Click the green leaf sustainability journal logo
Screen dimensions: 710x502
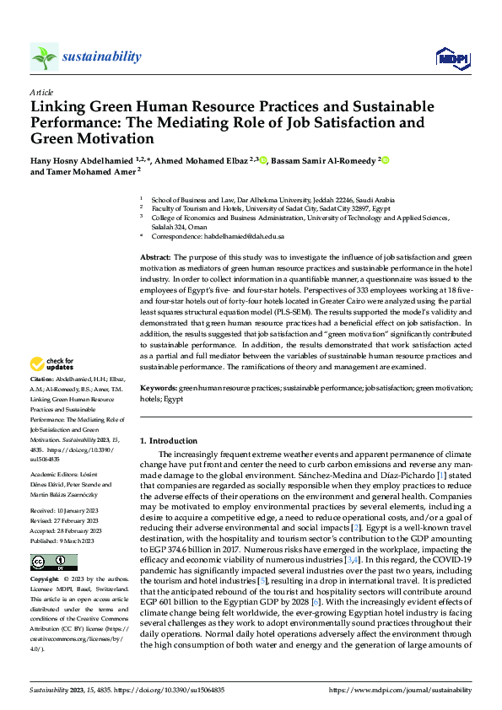[44, 56]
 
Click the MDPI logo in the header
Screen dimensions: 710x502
[451, 57]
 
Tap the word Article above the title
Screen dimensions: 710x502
[41, 92]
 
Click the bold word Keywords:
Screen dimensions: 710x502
[158, 387]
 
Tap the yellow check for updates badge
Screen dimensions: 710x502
[51, 364]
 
